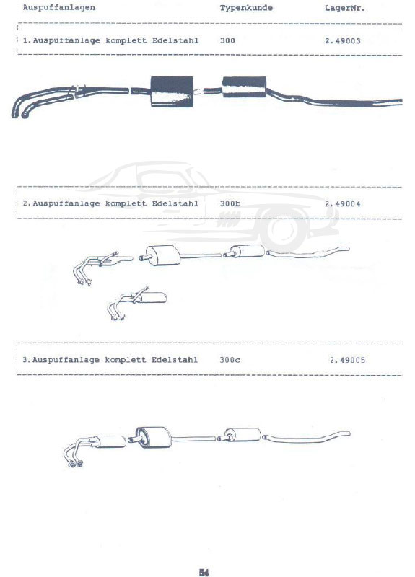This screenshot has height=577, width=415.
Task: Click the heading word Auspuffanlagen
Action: coord(59,8)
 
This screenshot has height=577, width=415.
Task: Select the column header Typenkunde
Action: coord(246,8)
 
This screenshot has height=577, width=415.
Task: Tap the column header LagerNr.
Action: coord(345,8)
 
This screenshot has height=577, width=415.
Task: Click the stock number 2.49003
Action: coord(342,41)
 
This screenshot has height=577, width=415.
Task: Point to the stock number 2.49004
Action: coord(342,204)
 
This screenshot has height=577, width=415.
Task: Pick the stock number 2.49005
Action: coord(348,360)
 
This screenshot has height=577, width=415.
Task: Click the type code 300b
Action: coord(230,203)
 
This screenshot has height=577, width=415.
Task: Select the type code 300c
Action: coord(230,359)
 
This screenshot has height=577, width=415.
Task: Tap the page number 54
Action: coord(204,572)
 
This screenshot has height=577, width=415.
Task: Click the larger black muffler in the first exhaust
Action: coord(172,92)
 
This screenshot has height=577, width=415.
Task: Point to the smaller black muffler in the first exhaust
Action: coord(244,87)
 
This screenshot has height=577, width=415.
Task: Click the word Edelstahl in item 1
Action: coord(175,40)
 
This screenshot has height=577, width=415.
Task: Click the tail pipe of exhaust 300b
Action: coord(308,252)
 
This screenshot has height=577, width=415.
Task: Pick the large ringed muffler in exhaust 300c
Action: coord(153,438)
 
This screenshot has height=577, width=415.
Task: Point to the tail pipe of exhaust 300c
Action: coord(306,438)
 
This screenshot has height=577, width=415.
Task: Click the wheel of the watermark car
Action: coord(284,229)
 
